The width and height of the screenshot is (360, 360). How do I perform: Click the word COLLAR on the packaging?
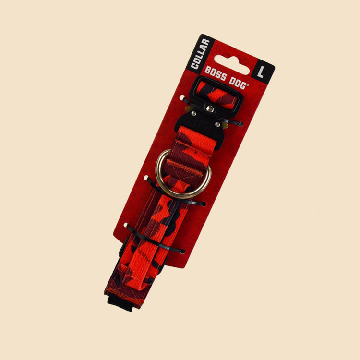coord(201,54)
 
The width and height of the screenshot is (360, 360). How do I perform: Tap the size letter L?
coord(261,72)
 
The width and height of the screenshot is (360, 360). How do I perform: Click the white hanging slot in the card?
coord(231,65)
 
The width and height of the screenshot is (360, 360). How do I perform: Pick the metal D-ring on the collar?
coord(183,174)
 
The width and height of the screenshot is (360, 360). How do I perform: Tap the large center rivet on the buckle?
coord(210,108)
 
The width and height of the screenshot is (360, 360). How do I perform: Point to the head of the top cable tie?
coord(240,124)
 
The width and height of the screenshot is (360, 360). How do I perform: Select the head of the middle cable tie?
coord(204,204)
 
